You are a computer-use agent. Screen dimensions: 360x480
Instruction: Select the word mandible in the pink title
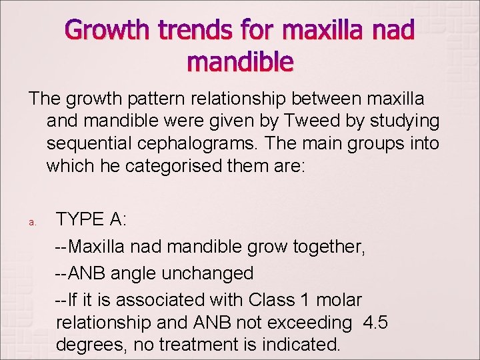pyautogui.click(x=240, y=62)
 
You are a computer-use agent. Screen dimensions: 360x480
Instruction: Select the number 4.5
pyautogui.click(x=375, y=323)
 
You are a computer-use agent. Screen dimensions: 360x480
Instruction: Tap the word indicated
pyautogui.click(x=296, y=345)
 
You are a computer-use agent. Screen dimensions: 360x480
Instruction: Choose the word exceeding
pyautogui.click(x=309, y=323)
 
